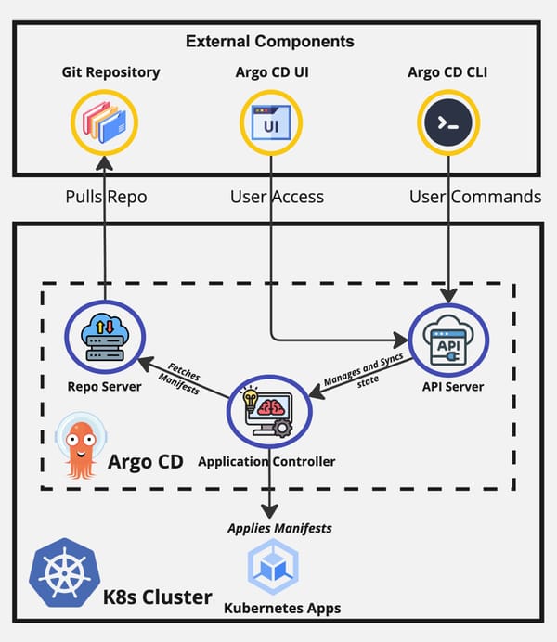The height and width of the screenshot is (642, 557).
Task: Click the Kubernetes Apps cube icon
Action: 273,569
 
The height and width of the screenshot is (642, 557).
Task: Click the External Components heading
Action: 269,42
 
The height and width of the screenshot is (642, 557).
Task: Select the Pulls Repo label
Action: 105,197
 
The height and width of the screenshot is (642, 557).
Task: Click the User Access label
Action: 277,197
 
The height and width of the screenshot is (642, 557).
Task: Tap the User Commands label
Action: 474,197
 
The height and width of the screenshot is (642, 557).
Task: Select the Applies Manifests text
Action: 280,529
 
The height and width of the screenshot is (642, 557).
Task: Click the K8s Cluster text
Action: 157,596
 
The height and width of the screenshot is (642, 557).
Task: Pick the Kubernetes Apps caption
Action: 282,609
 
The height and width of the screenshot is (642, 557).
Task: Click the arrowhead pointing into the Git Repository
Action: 105,164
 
